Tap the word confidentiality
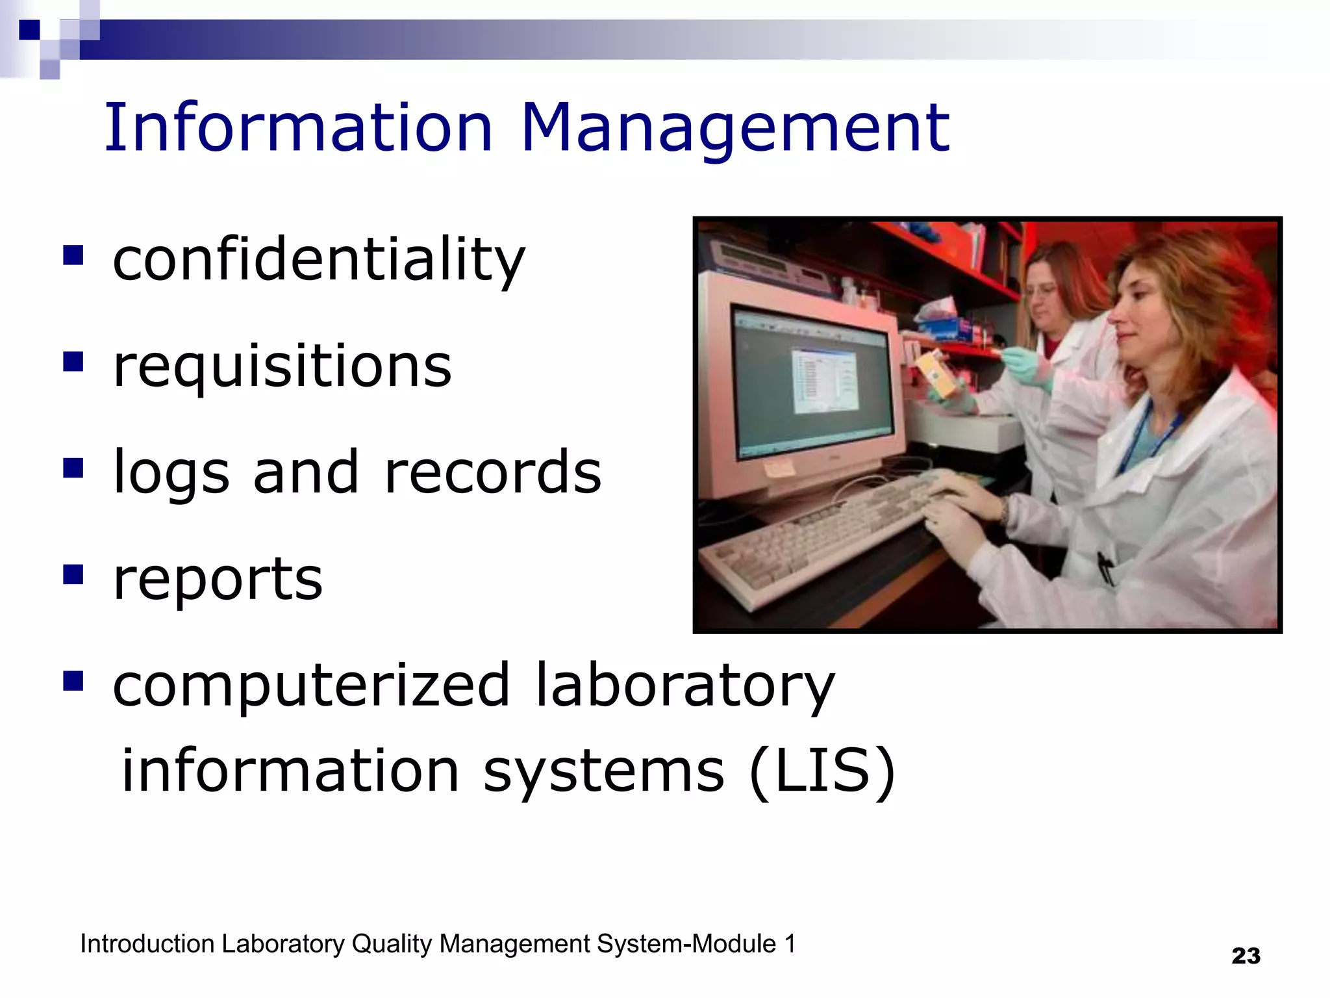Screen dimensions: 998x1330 [318, 260]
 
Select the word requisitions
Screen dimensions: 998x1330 [282, 367]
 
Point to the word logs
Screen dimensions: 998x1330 [171, 473]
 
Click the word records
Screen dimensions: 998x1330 [493, 472]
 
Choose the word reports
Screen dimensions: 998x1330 [218, 580]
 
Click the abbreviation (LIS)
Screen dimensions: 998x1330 [822, 771]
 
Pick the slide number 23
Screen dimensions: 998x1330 [1246, 956]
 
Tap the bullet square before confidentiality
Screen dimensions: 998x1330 [73, 255]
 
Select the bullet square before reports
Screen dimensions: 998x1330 [73, 574]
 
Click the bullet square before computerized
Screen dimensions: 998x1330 [73, 681]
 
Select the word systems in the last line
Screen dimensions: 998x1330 [603, 771]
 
